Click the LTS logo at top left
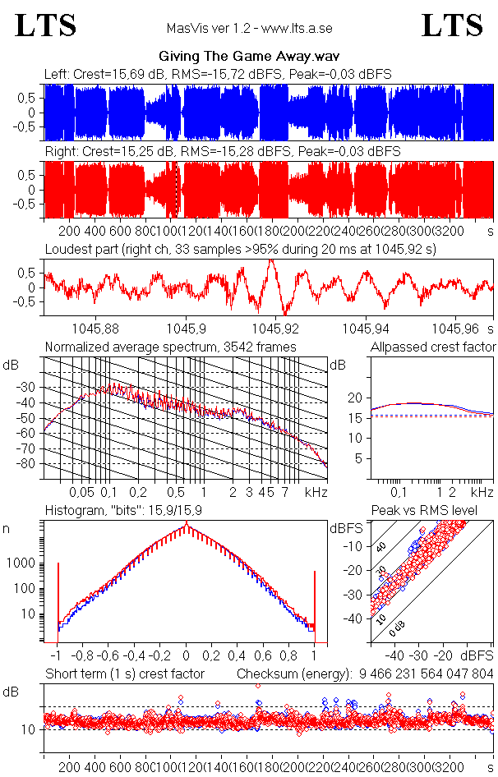pyautogui.click(x=46, y=25)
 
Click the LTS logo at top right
pyautogui.click(x=452, y=25)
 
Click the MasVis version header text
pyautogui.click(x=249, y=28)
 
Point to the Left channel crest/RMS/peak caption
pyautogui.click(x=218, y=74)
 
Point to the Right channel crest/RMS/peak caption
pyautogui.click(x=222, y=152)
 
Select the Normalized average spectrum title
pyautogui.click(x=170, y=347)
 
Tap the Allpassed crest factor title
pyautogui.click(x=433, y=347)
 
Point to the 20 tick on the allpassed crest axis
pyautogui.click(x=355, y=398)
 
